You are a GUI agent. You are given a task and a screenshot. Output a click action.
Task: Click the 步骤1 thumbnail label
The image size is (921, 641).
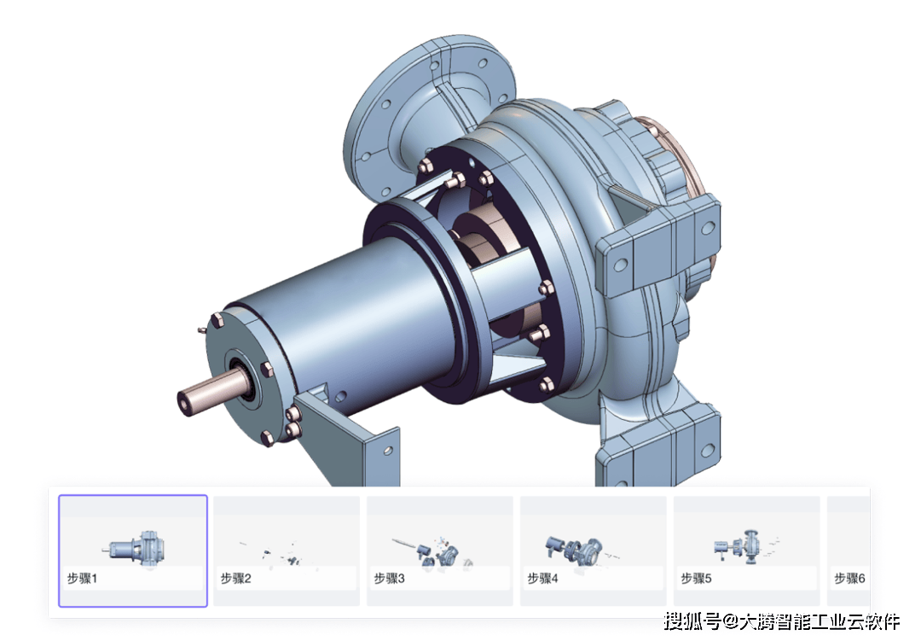pos(82,579)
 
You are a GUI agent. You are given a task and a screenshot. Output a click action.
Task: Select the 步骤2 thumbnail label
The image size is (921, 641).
pos(235,579)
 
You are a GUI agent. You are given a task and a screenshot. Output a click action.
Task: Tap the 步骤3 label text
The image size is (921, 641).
pos(390,579)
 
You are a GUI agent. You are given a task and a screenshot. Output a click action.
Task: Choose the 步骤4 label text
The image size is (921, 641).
pos(542,579)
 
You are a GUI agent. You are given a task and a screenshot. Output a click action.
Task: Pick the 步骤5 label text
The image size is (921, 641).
pos(696,579)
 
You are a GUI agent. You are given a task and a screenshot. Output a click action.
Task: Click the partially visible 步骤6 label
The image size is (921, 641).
pos(850,579)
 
